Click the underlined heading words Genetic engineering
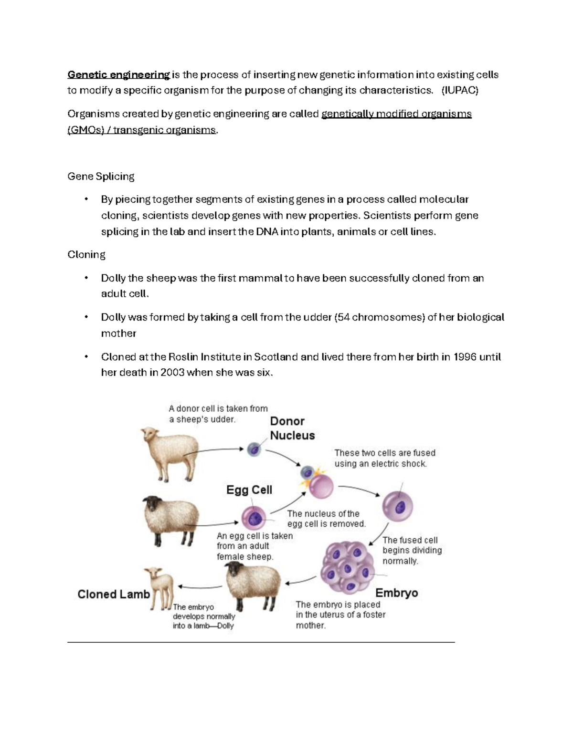coord(118,75)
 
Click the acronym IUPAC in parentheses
coord(460,91)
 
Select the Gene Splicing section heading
coord(101,177)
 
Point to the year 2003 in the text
coord(172,373)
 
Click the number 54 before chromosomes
coord(343,317)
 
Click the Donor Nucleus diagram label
coord(292,428)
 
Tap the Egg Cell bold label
coord(249,490)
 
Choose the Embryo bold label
coord(396,593)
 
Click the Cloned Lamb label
coord(114,594)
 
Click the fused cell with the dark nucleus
coord(397,506)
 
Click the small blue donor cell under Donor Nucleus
coord(254,449)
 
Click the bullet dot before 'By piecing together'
coord(86,199)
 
